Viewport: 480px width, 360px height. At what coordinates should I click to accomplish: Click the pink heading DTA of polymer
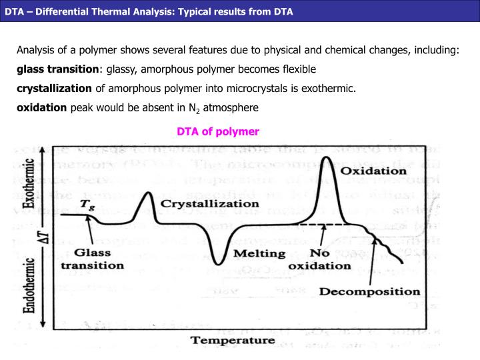pos(217,131)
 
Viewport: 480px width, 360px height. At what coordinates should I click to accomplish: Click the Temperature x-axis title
pos(233,339)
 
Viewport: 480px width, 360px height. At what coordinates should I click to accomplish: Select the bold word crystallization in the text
pos(55,88)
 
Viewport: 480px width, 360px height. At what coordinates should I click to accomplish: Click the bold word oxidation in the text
pos(42,107)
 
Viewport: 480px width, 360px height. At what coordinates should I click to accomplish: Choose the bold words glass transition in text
pos(57,69)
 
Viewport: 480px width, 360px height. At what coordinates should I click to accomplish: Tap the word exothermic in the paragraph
pos(333,88)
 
